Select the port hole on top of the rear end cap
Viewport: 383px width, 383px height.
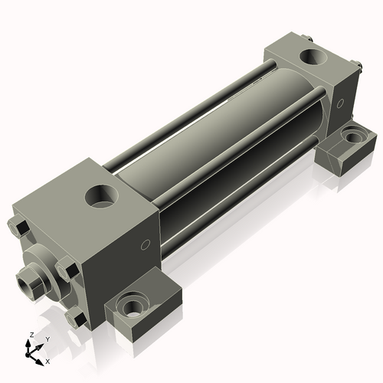pyautogui.click(x=313, y=57)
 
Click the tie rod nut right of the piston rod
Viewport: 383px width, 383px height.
pyautogui.click(x=64, y=270)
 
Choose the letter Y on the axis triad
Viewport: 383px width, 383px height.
pyautogui.click(x=47, y=338)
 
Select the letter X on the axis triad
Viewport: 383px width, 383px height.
pyautogui.click(x=47, y=360)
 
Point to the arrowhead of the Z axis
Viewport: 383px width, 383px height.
pyautogui.click(x=30, y=342)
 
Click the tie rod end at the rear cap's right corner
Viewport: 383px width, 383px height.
pyautogui.click(x=358, y=71)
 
